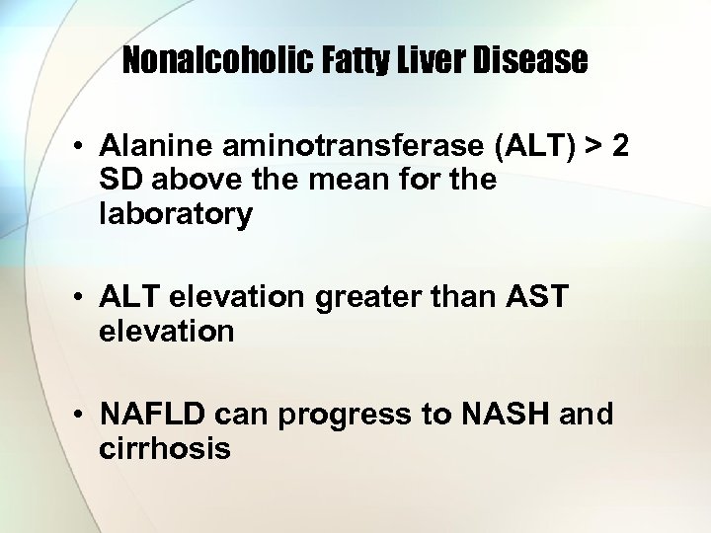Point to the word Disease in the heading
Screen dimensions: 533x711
pos(532,62)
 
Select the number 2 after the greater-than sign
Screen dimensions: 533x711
pos(619,148)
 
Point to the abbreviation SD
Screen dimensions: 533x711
pos(118,182)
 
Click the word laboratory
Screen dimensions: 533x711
pos(176,215)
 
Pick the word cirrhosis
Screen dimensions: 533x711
pos(165,449)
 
